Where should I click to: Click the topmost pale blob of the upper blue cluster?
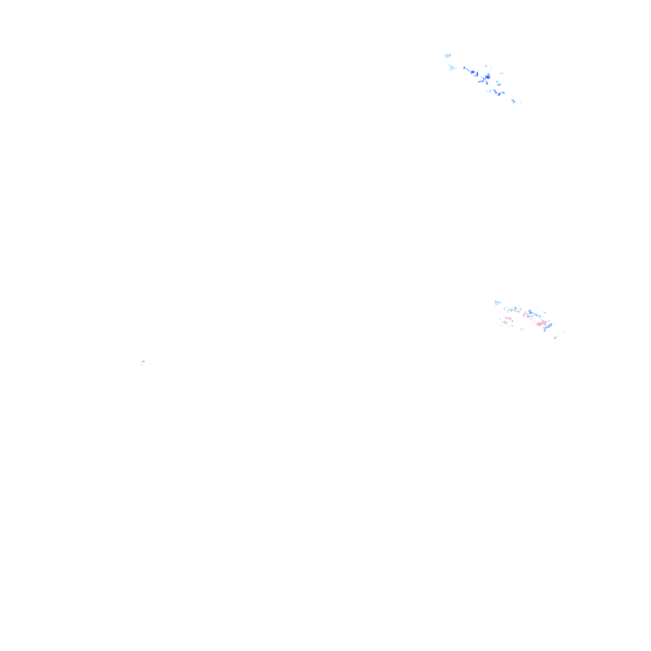(448, 56)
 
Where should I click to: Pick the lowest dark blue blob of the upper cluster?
(499, 93)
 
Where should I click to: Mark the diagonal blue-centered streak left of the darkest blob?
(473, 72)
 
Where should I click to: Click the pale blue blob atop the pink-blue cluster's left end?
(496, 302)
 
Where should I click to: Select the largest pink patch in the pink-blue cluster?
(542, 323)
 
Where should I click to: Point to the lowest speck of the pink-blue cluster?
(555, 337)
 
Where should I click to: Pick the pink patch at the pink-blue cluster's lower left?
(506, 322)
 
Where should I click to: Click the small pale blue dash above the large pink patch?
(545, 313)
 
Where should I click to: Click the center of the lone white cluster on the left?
(143, 362)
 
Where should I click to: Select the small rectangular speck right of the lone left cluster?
(148, 360)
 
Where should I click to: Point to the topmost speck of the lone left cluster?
(143, 355)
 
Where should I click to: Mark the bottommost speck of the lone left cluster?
(142, 368)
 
